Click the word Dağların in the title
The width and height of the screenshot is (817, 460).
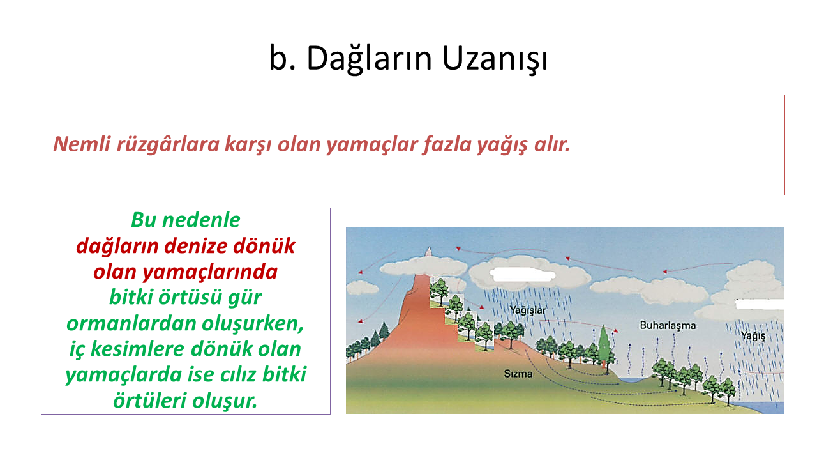point(369,58)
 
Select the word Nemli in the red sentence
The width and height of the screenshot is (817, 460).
point(82,144)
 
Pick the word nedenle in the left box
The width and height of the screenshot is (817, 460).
point(201,220)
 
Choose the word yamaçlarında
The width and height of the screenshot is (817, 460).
point(210,272)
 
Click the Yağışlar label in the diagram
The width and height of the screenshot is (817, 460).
point(528,310)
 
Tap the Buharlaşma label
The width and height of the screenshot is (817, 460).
point(668,325)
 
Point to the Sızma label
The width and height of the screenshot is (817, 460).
point(518,374)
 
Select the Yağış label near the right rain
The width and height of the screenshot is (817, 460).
point(753,335)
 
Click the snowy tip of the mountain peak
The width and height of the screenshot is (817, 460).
point(430,252)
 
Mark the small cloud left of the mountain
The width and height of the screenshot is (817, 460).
point(363,288)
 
